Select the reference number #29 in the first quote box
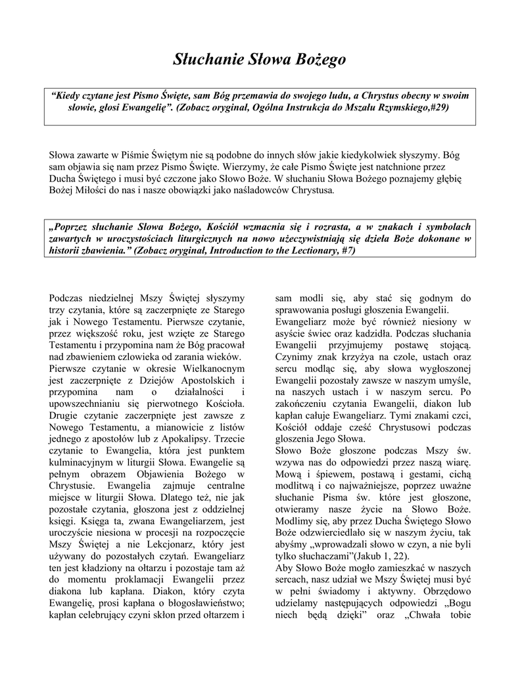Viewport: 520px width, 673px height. click(437, 106)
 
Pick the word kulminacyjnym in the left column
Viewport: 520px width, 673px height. click(80, 462)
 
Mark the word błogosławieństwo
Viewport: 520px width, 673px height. click(198, 604)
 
